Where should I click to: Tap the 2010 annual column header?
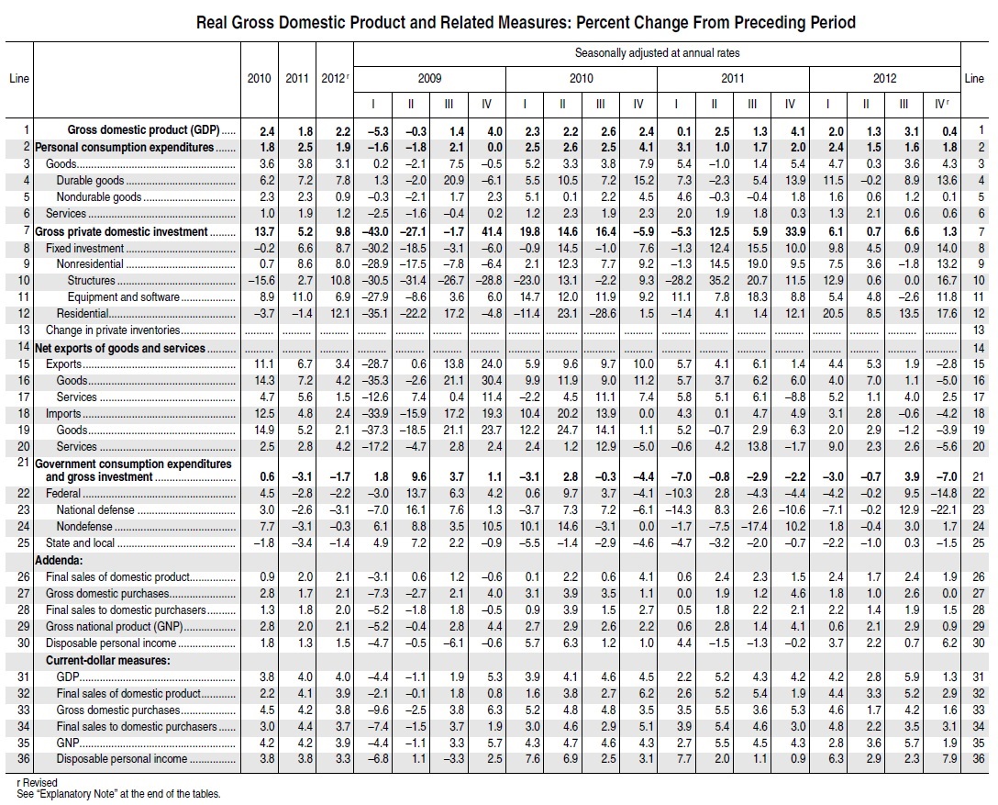coord(260,79)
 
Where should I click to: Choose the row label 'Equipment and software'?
coord(123,297)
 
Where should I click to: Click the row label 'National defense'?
coord(94,510)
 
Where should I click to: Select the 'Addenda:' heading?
coord(61,560)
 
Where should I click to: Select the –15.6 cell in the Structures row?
coord(259,281)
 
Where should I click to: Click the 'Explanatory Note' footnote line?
coord(114,794)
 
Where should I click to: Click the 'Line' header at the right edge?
coord(974,79)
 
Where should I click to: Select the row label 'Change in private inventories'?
coord(112,330)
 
